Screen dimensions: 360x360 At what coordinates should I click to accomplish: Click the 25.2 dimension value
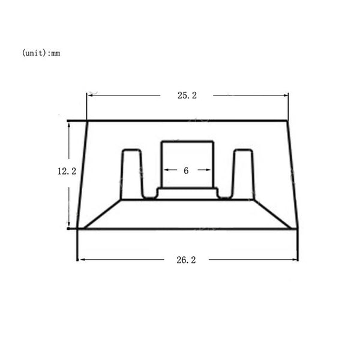pyautogui.click(x=187, y=95)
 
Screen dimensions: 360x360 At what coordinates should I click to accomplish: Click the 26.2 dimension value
pyautogui.click(x=186, y=260)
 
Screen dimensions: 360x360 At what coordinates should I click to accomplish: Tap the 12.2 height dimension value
pyautogui.click(x=67, y=171)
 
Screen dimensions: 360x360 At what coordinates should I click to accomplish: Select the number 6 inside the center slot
pyautogui.click(x=186, y=170)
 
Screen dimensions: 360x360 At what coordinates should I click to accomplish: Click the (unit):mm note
pyautogui.click(x=41, y=53)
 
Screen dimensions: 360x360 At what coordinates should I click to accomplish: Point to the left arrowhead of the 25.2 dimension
pyautogui.click(x=89, y=95)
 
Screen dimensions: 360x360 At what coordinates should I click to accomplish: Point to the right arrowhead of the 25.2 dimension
pyautogui.click(x=286, y=95)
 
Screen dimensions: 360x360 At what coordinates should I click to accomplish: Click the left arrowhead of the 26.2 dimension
pyautogui.click(x=81, y=259)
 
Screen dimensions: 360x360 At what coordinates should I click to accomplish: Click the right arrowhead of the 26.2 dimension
pyautogui.click(x=295, y=259)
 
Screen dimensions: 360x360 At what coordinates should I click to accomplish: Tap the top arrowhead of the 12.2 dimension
pyautogui.click(x=68, y=125)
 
